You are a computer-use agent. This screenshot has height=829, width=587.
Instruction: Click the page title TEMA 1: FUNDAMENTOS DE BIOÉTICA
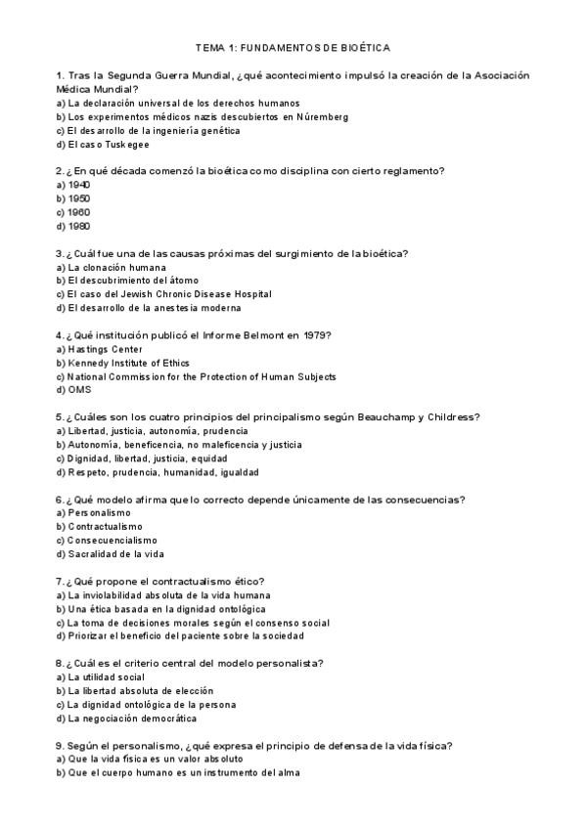pos(293,46)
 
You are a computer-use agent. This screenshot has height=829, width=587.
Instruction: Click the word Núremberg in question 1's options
pos(323,116)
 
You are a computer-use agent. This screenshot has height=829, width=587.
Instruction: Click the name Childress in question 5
pos(447,417)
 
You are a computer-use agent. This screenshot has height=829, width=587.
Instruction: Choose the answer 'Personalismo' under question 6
pos(99,513)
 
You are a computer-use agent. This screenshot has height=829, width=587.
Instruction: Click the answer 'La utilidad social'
pos(106,677)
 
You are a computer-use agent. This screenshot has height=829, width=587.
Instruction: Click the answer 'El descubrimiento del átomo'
pos(127,281)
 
